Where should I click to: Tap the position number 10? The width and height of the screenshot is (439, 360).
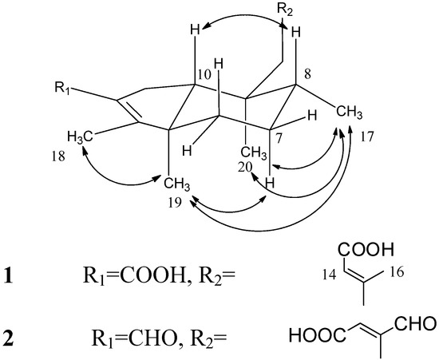[x=182, y=73]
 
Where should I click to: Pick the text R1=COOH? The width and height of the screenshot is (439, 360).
[x=150, y=280]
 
